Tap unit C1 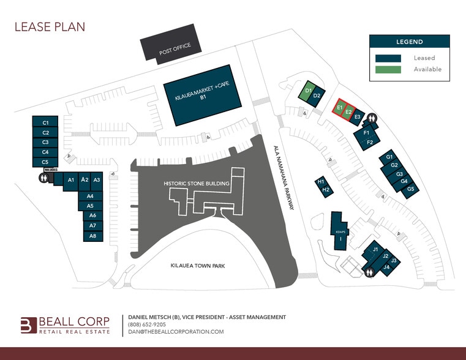(x=45, y=123)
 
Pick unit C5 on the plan (x=45, y=162)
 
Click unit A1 (x=71, y=180)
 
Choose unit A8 (x=92, y=236)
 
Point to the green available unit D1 (x=308, y=91)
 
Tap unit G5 (x=411, y=189)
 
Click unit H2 (x=326, y=190)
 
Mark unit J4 (x=386, y=268)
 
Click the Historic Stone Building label (x=197, y=183)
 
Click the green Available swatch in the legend (x=388, y=69)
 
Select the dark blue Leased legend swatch (x=388, y=58)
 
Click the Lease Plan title (x=50, y=26)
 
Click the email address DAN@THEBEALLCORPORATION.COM (x=176, y=331)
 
